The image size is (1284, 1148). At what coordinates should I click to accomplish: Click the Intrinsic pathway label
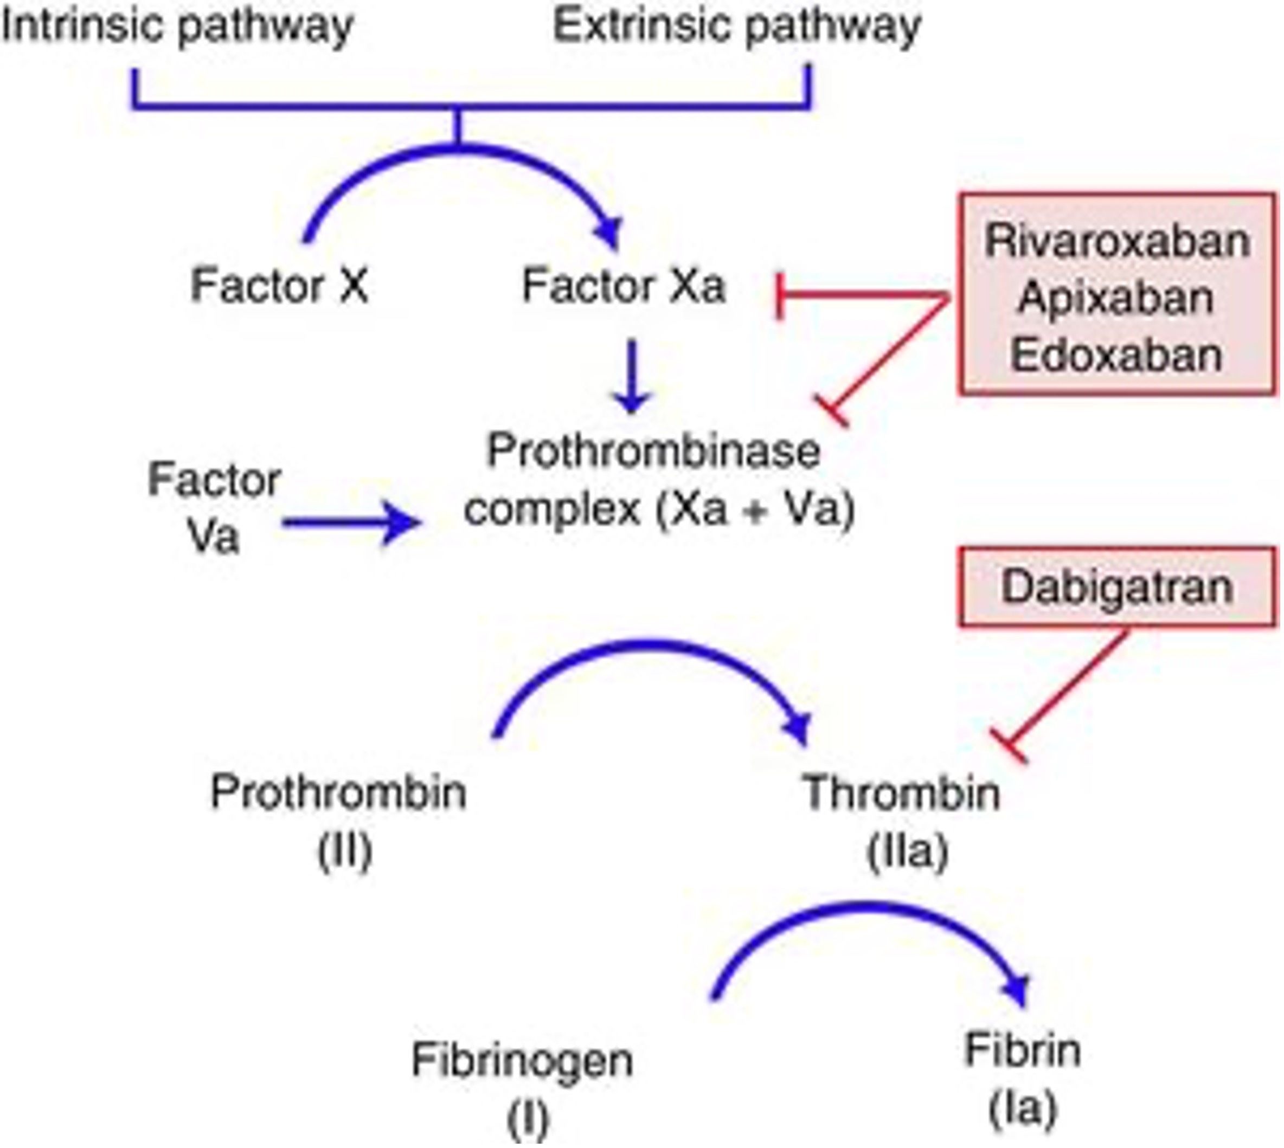tap(178, 27)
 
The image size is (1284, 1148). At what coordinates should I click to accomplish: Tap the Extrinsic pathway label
tap(736, 27)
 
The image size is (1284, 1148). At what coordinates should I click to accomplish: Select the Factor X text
tap(279, 286)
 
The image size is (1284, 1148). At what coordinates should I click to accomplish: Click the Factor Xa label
tap(624, 286)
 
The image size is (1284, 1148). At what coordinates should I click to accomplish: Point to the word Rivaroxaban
tap(1117, 242)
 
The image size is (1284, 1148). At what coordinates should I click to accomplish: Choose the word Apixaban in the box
tap(1115, 298)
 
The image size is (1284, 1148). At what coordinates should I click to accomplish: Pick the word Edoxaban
tap(1115, 354)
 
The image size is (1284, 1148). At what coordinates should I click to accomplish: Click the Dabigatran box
tap(1117, 587)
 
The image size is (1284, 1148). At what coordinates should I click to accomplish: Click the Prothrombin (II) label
tap(339, 820)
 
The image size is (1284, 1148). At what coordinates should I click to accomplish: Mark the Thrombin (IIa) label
tap(902, 820)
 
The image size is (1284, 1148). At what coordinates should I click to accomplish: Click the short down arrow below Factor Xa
tap(632, 375)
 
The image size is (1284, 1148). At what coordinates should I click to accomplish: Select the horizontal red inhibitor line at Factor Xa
tap(864, 294)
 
